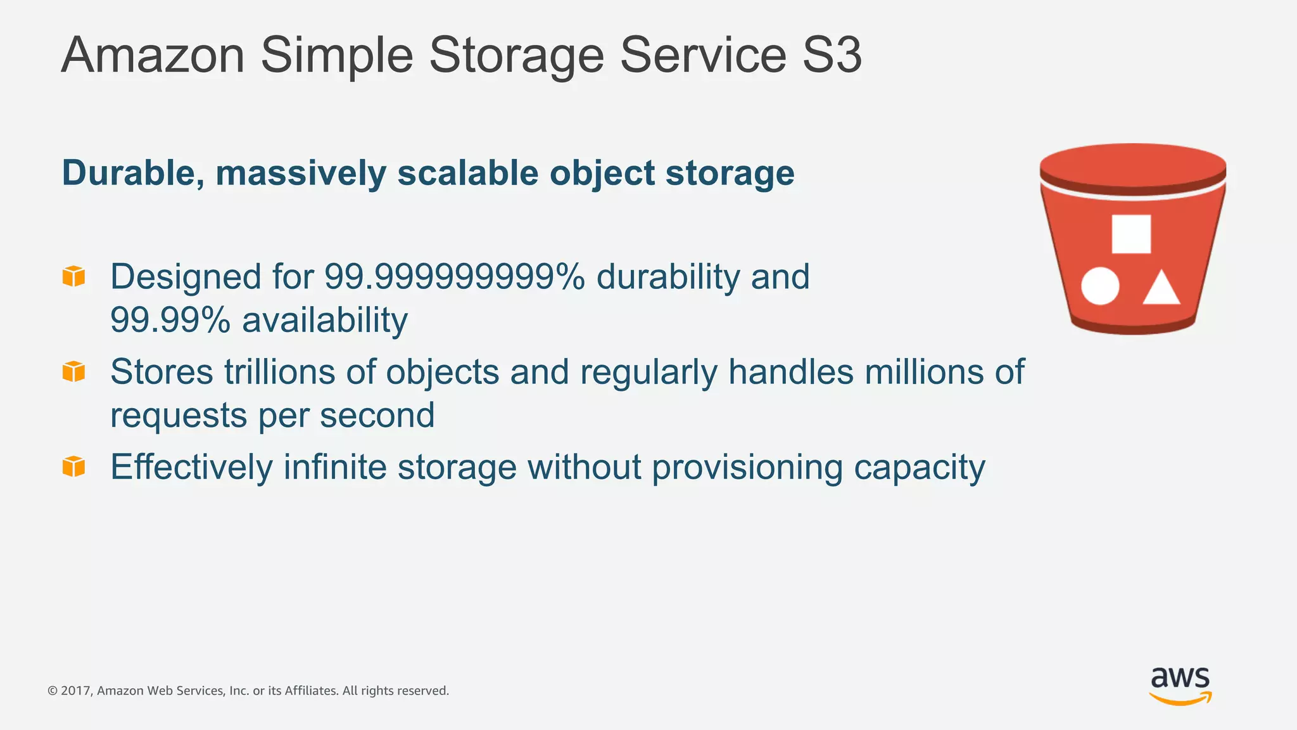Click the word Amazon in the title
(x=153, y=56)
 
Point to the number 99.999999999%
(x=454, y=277)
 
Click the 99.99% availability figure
(x=170, y=320)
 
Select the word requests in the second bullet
(x=179, y=416)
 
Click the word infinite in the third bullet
(x=334, y=467)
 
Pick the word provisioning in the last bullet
(x=747, y=468)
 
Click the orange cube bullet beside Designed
(x=73, y=276)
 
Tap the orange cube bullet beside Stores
(x=73, y=371)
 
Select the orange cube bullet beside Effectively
(x=73, y=466)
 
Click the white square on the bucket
(x=1131, y=234)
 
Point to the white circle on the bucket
(x=1099, y=286)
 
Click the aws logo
(x=1180, y=685)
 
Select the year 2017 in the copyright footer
(x=75, y=691)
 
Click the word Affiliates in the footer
(x=310, y=691)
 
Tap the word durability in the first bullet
(x=667, y=277)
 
